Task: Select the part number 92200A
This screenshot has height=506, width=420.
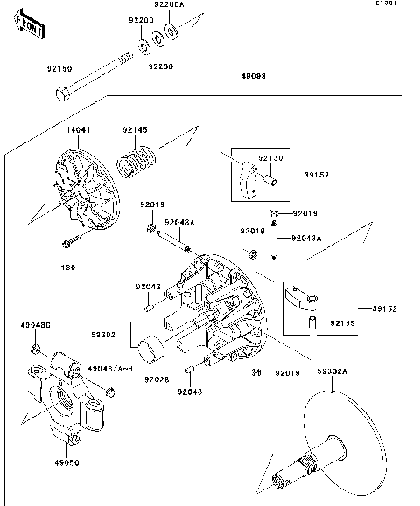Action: pos(169,4)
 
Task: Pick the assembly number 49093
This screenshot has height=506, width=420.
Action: pos(254,76)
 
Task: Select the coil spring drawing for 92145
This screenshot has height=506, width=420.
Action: pos(135,163)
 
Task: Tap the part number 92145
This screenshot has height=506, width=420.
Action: pos(136,129)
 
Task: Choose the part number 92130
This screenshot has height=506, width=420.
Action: pos(270,158)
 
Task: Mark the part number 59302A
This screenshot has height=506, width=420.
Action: pos(332,371)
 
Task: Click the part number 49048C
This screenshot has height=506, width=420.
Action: pos(36,326)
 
